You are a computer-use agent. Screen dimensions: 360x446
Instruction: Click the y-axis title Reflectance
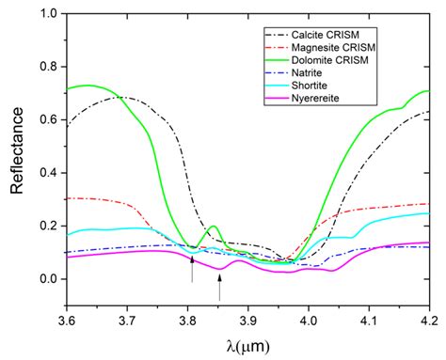pos(17,147)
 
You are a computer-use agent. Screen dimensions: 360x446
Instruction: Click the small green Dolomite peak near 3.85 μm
pos(214,227)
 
